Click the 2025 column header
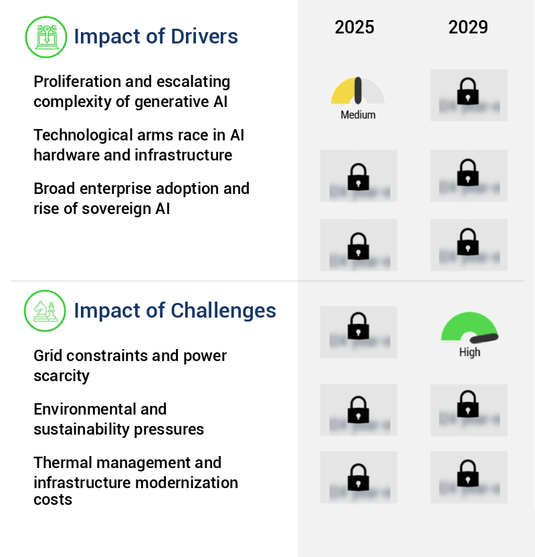click(354, 27)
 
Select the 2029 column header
click(468, 27)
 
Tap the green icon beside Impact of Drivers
click(45, 36)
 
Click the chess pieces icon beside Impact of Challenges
click(45, 310)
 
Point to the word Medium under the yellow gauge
click(358, 115)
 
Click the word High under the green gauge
click(469, 352)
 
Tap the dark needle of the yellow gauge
click(358, 90)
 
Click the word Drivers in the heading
click(207, 36)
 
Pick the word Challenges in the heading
click(223, 310)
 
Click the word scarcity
click(62, 376)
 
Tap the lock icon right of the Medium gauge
click(468, 92)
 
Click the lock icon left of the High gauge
click(358, 327)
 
